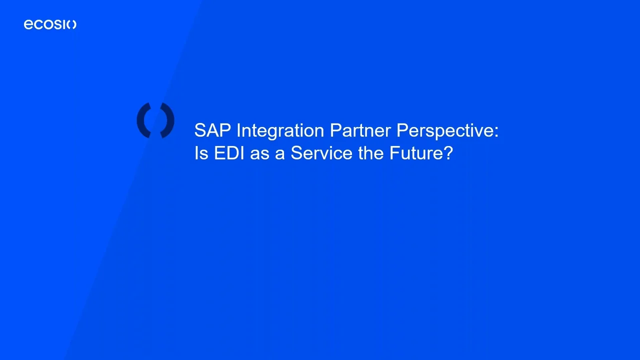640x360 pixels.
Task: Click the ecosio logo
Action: click(50, 24)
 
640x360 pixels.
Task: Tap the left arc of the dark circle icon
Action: click(142, 120)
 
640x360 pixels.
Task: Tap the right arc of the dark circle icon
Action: click(168, 120)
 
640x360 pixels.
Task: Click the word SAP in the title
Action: click(209, 130)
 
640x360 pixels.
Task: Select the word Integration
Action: click(280, 131)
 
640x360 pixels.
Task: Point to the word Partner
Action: click(360, 130)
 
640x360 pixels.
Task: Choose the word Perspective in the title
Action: click(444, 131)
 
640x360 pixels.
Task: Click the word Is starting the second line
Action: click(201, 153)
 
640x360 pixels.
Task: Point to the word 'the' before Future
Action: click(371, 153)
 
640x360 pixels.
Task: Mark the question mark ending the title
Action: click(447, 153)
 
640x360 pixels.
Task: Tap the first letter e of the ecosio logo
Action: click(28, 25)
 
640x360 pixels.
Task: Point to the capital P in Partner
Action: click(335, 130)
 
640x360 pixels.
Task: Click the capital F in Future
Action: click(394, 153)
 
